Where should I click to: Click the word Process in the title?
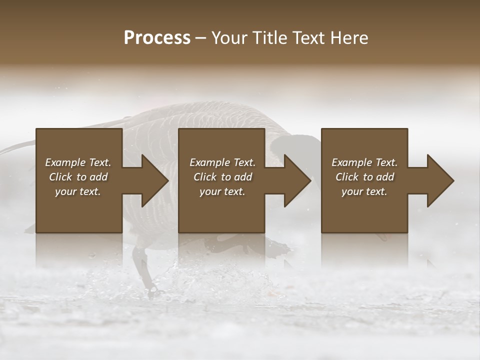coord(157,38)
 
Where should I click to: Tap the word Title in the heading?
coord(268,38)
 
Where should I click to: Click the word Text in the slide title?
coord(309,38)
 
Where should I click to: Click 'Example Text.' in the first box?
coord(78,162)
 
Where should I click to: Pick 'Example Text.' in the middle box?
coord(222,162)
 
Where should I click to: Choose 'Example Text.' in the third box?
coord(364,162)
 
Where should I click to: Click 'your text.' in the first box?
coord(78,191)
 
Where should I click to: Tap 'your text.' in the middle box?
coord(222,191)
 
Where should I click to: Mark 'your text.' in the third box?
coord(364,191)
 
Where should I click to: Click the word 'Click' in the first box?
coord(60,177)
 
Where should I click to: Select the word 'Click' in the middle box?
coord(205,177)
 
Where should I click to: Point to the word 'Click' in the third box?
coord(347,177)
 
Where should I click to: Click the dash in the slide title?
coord(200,38)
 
